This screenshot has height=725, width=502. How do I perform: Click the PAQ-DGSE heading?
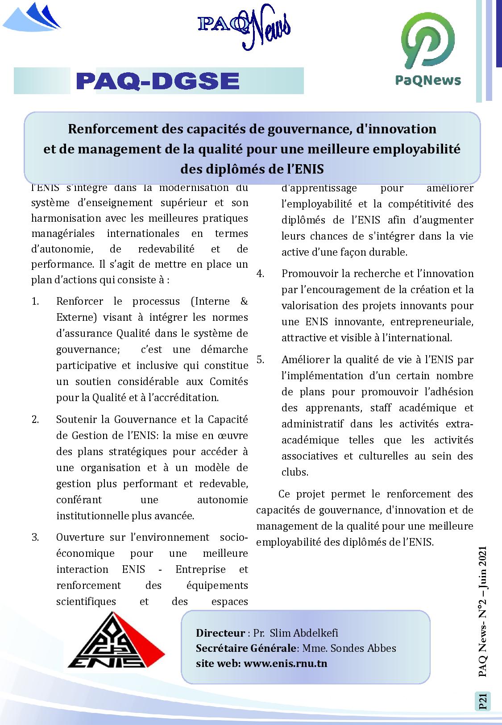point(158,81)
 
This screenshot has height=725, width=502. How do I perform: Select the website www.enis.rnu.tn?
point(286,663)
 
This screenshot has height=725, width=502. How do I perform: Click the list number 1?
point(35,302)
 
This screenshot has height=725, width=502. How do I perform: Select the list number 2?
point(35,420)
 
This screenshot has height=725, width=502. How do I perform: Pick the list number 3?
point(35,538)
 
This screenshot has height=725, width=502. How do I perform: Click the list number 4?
point(260,274)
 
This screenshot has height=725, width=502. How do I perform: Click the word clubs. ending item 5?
point(295,472)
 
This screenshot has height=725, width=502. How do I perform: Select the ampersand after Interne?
point(244,302)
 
